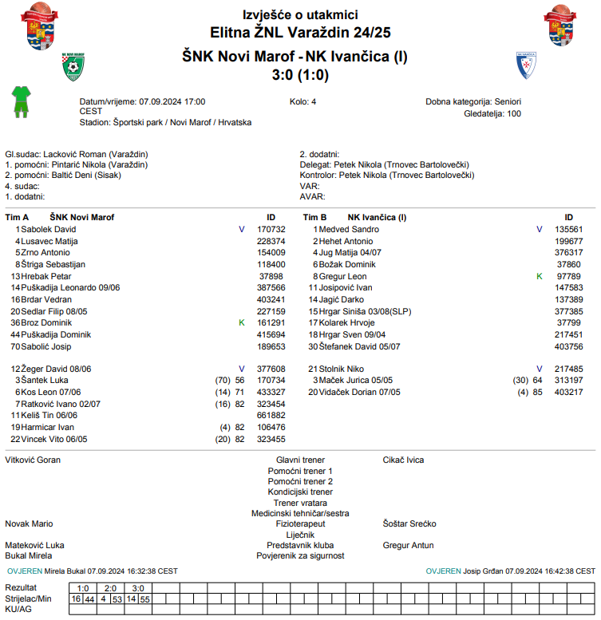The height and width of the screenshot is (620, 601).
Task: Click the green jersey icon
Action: [x=19, y=101]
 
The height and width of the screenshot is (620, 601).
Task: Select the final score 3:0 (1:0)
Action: [x=300, y=76]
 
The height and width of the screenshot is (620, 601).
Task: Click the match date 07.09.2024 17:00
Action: [x=172, y=102]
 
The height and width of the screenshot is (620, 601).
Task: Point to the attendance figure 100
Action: [x=514, y=113]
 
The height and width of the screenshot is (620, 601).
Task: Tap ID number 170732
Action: [x=271, y=229]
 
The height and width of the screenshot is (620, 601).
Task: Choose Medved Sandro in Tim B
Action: [x=349, y=229]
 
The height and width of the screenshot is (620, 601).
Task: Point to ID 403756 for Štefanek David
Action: [x=569, y=346]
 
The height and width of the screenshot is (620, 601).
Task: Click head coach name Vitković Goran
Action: [x=33, y=460]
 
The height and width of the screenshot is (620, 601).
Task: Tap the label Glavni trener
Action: [x=300, y=460]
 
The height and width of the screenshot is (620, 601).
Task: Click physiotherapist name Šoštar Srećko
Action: [x=409, y=523]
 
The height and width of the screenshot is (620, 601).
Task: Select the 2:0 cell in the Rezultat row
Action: [x=110, y=587]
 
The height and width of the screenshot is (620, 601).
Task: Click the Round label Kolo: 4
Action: [x=302, y=102]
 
